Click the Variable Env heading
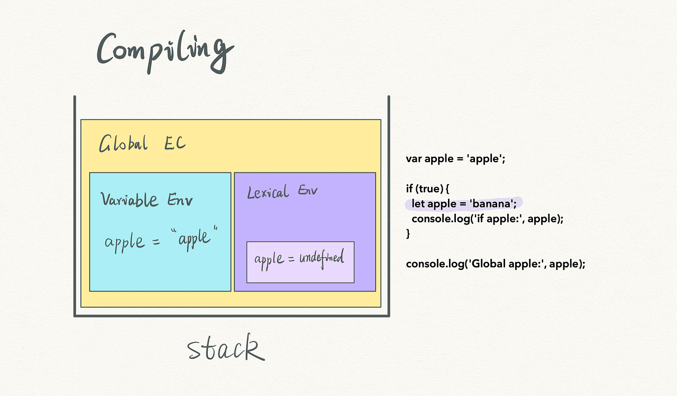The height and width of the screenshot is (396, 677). click(x=147, y=200)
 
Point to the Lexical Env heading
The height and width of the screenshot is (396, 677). click(x=282, y=192)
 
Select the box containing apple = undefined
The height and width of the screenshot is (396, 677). click(x=300, y=262)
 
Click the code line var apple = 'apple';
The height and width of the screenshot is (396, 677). click(x=455, y=159)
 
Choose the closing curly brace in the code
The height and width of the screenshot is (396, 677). click(x=408, y=233)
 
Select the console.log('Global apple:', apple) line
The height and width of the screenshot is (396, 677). click(x=496, y=264)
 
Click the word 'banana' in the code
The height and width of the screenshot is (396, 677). click(x=491, y=204)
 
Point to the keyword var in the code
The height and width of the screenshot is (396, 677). click(x=414, y=159)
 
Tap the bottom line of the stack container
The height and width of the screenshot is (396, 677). click(x=232, y=316)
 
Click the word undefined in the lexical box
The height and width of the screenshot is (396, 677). click(x=322, y=259)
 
